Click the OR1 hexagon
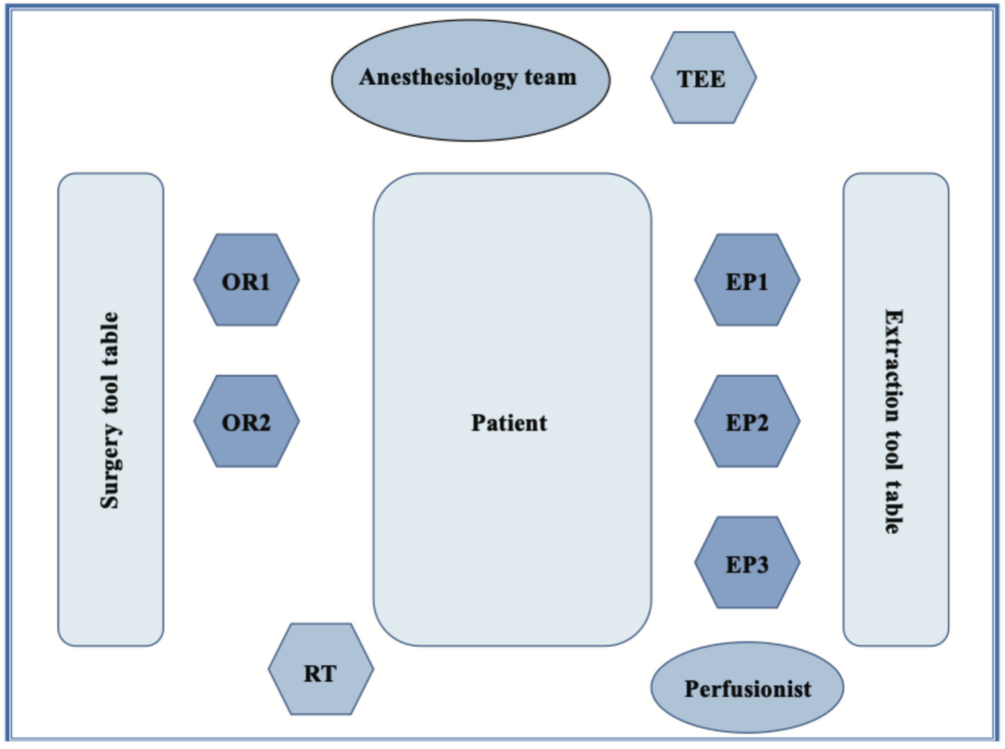coord(246,280)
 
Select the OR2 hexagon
coord(246,421)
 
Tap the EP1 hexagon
coord(747,280)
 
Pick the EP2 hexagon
coord(747,421)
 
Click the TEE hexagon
coord(703,78)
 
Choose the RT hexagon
coord(320,669)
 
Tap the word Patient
coord(509,423)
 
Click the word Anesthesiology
coord(438,77)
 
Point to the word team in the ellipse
coord(550,77)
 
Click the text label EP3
coord(747,565)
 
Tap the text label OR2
coord(246,423)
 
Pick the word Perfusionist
coord(747,689)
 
